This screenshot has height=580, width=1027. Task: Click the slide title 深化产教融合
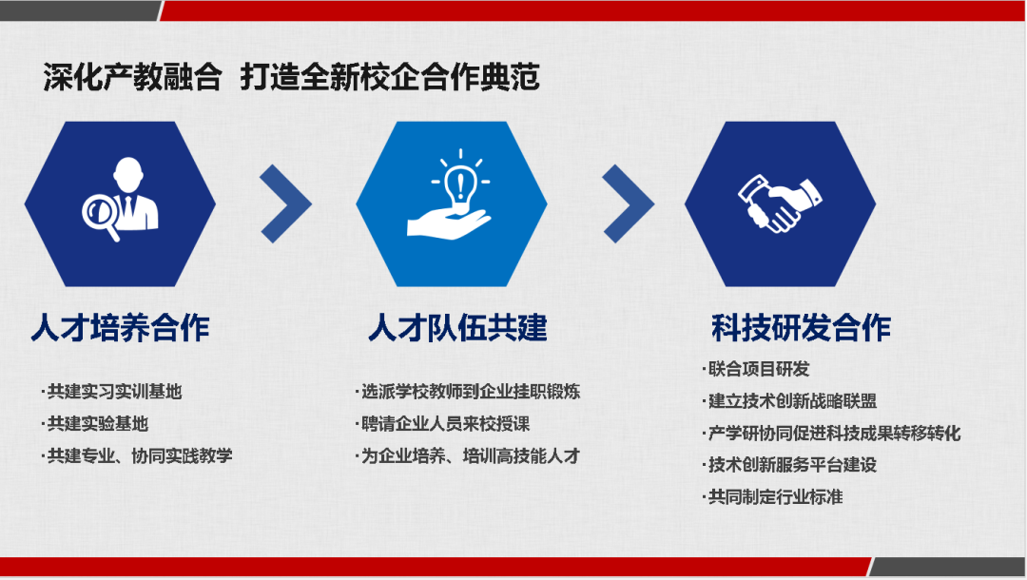(x=132, y=77)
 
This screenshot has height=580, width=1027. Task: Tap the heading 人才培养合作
(x=121, y=328)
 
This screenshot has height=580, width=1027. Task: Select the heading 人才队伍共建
(x=457, y=328)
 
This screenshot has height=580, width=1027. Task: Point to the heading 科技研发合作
(x=801, y=328)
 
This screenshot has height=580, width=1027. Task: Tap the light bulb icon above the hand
(x=460, y=185)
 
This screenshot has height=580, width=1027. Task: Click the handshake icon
(x=780, y=203)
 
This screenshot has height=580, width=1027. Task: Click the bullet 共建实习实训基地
(x=111, y=392)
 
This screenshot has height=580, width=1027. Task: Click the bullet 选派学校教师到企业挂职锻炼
(x=468, y=392)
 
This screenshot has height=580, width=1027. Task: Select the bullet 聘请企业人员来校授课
(x=443, y=423)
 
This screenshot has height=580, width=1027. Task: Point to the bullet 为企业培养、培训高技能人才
(x=468, y=455)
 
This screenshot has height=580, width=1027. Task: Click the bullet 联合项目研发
(x=756, y=369)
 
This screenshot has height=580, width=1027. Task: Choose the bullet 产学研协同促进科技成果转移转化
(x=831, y=433)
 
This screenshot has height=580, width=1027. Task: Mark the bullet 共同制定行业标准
(x=772, y=497)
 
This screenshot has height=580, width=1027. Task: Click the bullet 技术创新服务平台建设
(x=789, y=465)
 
